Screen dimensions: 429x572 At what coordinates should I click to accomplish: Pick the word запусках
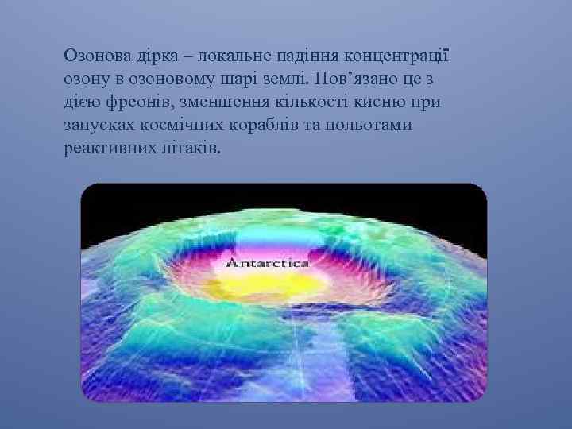pos(97,126)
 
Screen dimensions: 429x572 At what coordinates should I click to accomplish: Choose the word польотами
pos(361,126)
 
